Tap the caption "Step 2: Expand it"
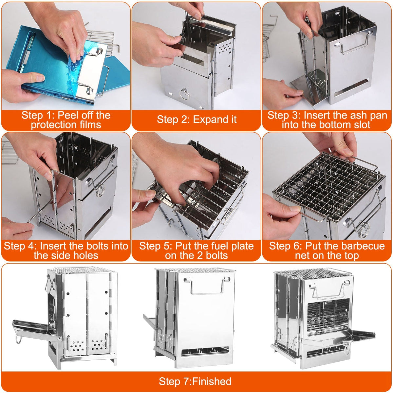click(x=196, y=120)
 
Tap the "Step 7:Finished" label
click(x=195, y=382)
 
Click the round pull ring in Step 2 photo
click(x=184, y=94)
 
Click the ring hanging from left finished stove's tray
click(x=18, y=337)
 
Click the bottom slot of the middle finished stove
click(x=205, y=352)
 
